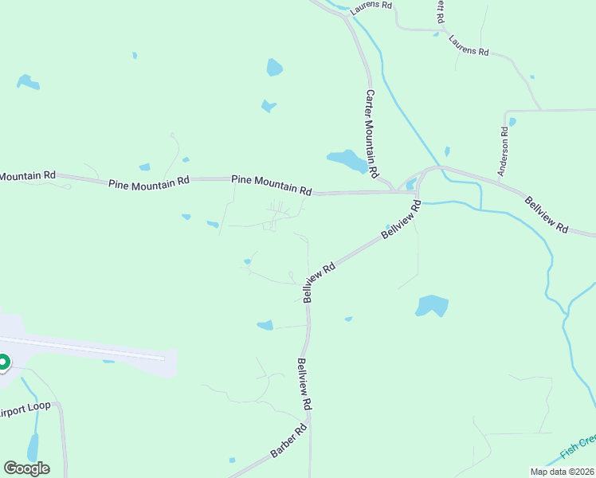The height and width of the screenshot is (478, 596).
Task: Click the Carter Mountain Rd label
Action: (371, 132)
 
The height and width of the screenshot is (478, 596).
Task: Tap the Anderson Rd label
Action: (504, 151)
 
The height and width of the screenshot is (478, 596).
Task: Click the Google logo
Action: (26, 468)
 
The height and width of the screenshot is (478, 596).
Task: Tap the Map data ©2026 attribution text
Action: (562, 472)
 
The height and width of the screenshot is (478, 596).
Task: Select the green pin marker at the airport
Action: (2, 363)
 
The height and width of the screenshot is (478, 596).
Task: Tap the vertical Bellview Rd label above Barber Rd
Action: (304, 385)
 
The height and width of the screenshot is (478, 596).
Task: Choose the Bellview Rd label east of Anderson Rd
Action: (547, 214)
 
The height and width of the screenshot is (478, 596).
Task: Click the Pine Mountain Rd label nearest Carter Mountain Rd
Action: (272, 185)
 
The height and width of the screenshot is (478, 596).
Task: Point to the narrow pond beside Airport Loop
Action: (33, 448)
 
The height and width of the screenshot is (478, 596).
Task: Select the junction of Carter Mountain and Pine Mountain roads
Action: (392, 190)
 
